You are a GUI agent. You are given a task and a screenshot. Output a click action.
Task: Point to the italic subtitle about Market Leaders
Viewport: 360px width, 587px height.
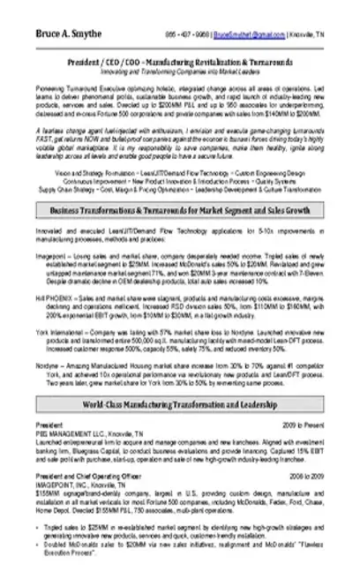[x=181, y=73]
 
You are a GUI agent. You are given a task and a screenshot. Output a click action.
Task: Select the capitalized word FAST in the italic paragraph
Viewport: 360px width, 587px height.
[x=46, y=139]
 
